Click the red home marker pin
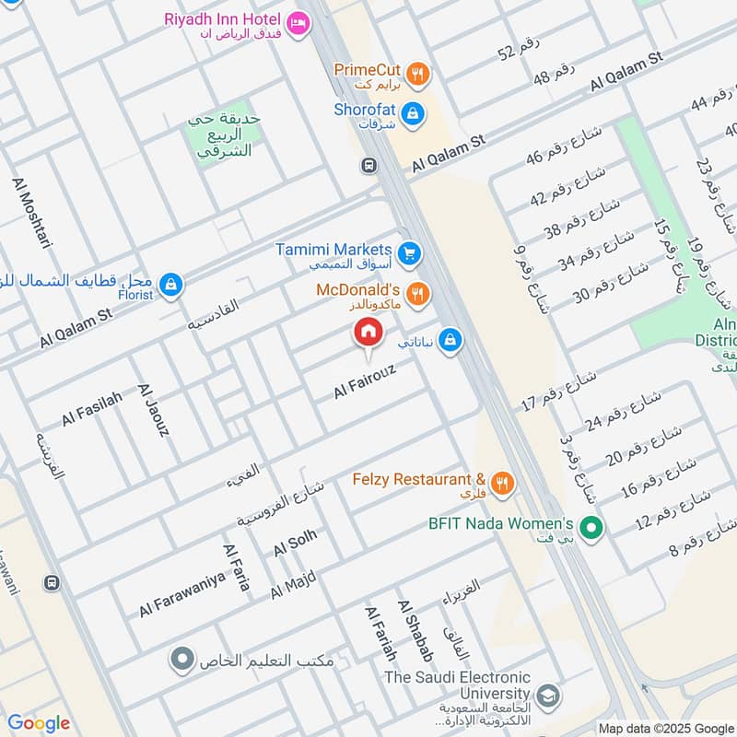[x=367, y=333]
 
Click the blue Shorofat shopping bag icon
[x=414, y=111]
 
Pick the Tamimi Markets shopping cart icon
[x=409, y=252]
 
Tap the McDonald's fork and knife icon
[x=417, y=293]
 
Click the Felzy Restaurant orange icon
[x=501, y=483]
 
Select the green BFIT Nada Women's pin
[x=593, y=528]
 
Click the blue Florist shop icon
[x=170, y=286]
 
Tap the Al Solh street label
[x=295, y=543]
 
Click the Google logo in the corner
[x=38, y=723]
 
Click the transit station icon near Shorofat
[x=368, y=166]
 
